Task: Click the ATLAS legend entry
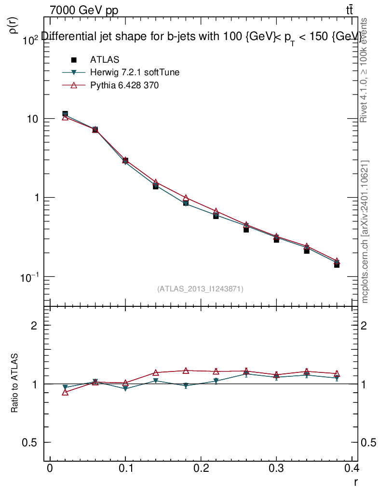click(105, 60)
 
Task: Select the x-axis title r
click(356, 482)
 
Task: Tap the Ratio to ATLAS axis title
click(15, 383)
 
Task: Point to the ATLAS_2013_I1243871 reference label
click(200, 289)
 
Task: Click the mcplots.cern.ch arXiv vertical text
click(365, 232)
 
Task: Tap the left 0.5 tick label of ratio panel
click(29, 442)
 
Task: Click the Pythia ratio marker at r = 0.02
click(65, 393)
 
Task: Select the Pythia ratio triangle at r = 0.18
click(186, 370)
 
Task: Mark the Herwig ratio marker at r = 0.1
click(125, 388)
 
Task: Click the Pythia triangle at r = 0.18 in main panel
click(186, 198)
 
